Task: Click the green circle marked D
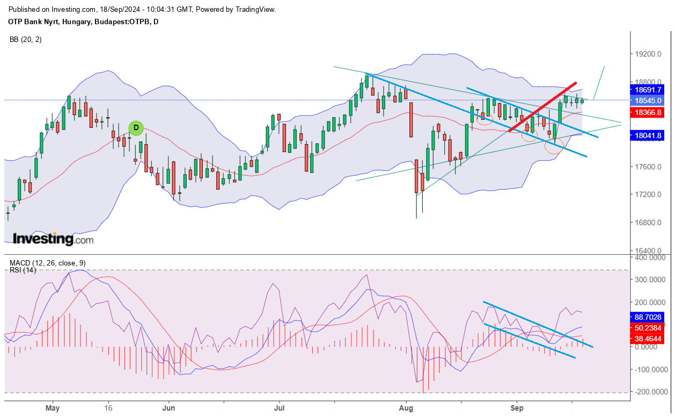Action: click(136, 128)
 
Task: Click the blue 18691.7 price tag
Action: click(647, 90)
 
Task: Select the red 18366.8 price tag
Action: click(647, 113)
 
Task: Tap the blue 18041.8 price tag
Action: click(647, 135)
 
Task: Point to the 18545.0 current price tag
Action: click(647, 101)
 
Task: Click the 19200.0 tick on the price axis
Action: click(648, 54)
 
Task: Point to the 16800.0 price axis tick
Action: click(648, 223)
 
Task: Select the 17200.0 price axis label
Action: click(648, 194)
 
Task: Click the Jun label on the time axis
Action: click(168, 408)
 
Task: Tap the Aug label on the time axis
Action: click(406, 408)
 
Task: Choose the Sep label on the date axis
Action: click(517, 408)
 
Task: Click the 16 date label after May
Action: click(108, 408)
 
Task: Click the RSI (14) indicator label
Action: click(23, 270)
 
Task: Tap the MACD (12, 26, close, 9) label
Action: click(48, 263)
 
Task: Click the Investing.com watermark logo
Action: click(53, 239)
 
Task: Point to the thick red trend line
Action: click(542, 107)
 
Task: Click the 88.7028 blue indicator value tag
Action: click(647, 317)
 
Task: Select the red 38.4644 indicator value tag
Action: click(647, 339)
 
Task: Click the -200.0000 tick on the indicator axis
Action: click(651, 392)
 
